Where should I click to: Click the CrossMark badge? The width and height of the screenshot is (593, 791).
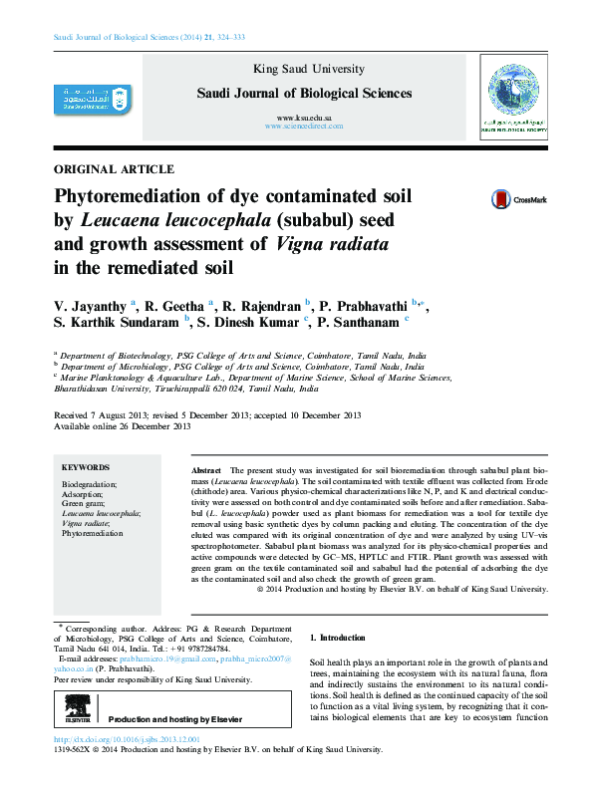(x=518, y=199)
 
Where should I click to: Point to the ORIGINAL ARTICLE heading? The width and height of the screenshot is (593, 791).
(x=114, y=169)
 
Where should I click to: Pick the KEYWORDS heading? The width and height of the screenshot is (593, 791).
(x=86, y=467)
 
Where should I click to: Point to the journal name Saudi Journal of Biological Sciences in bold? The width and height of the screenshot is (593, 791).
(x=304, y=94)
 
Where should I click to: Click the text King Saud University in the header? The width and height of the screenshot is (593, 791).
(x=304, y=69)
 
